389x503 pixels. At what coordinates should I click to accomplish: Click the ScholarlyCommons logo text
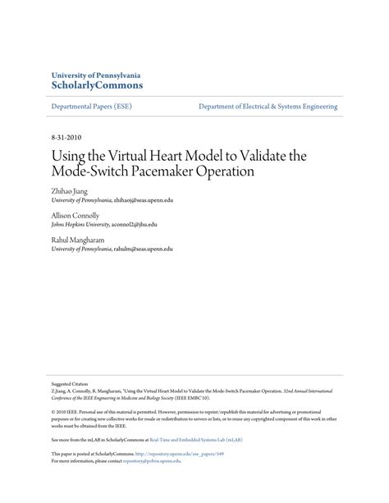97,85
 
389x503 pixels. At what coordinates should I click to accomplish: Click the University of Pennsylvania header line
95,74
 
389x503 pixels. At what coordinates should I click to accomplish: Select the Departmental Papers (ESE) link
91,107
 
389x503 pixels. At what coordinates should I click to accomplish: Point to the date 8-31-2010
66,137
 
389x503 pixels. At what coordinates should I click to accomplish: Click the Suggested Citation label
66,382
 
